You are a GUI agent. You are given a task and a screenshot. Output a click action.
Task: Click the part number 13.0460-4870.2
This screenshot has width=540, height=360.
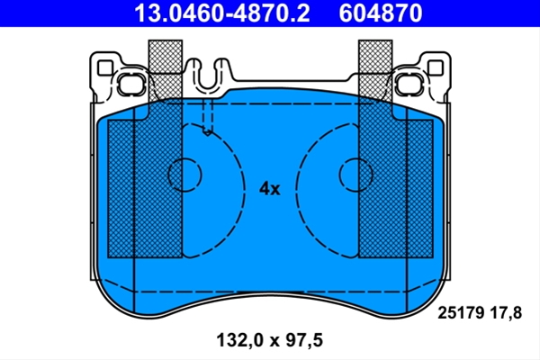click(221, 13)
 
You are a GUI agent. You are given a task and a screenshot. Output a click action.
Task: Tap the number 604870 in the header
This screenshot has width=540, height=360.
click(381, 13)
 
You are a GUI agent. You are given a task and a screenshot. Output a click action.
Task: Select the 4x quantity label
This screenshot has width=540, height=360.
click(270, 189)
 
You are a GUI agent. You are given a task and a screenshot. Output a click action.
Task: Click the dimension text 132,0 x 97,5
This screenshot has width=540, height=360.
click(270, 340)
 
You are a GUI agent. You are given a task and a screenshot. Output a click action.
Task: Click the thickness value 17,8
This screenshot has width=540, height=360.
click(509, 313)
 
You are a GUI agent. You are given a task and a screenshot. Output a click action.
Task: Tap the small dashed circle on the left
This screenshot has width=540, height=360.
click(184, 175)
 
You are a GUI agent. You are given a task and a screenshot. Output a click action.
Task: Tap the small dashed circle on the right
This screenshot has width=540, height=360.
click(355, 175)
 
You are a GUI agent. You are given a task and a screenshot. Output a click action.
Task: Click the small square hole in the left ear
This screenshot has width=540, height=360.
click(105, 67)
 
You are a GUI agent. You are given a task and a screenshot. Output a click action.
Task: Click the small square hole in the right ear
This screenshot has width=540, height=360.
click(436, 67)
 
